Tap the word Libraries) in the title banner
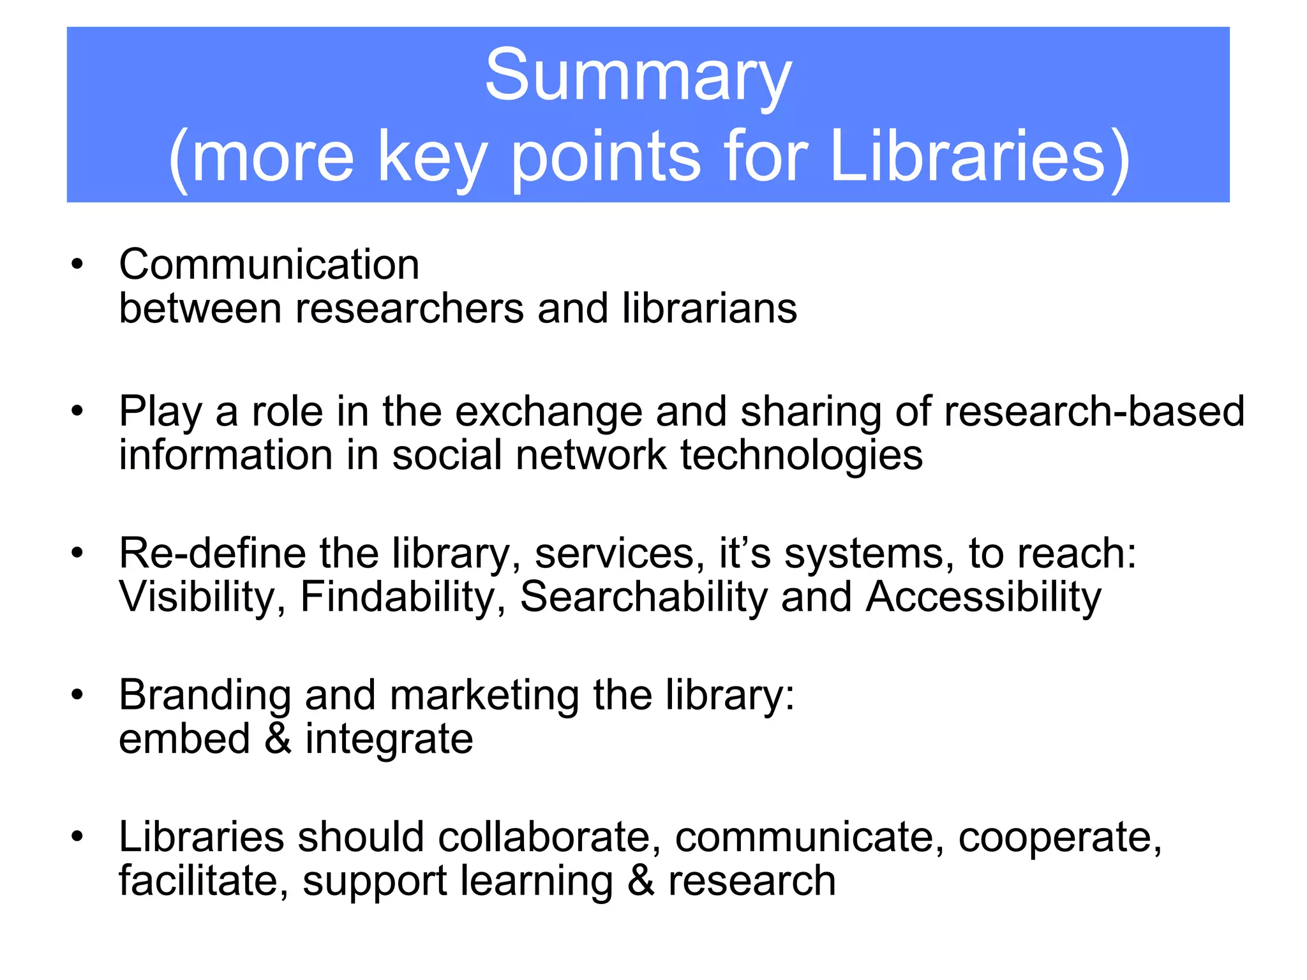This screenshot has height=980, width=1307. (980, 158)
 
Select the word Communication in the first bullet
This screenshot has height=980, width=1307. (269, 265)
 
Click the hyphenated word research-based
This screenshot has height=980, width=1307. (1094, 412)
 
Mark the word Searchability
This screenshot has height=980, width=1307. (643, 598)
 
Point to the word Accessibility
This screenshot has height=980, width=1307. (983, 598)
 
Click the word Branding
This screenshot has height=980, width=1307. (205, 695)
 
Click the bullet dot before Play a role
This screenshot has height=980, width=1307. (77, 412)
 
